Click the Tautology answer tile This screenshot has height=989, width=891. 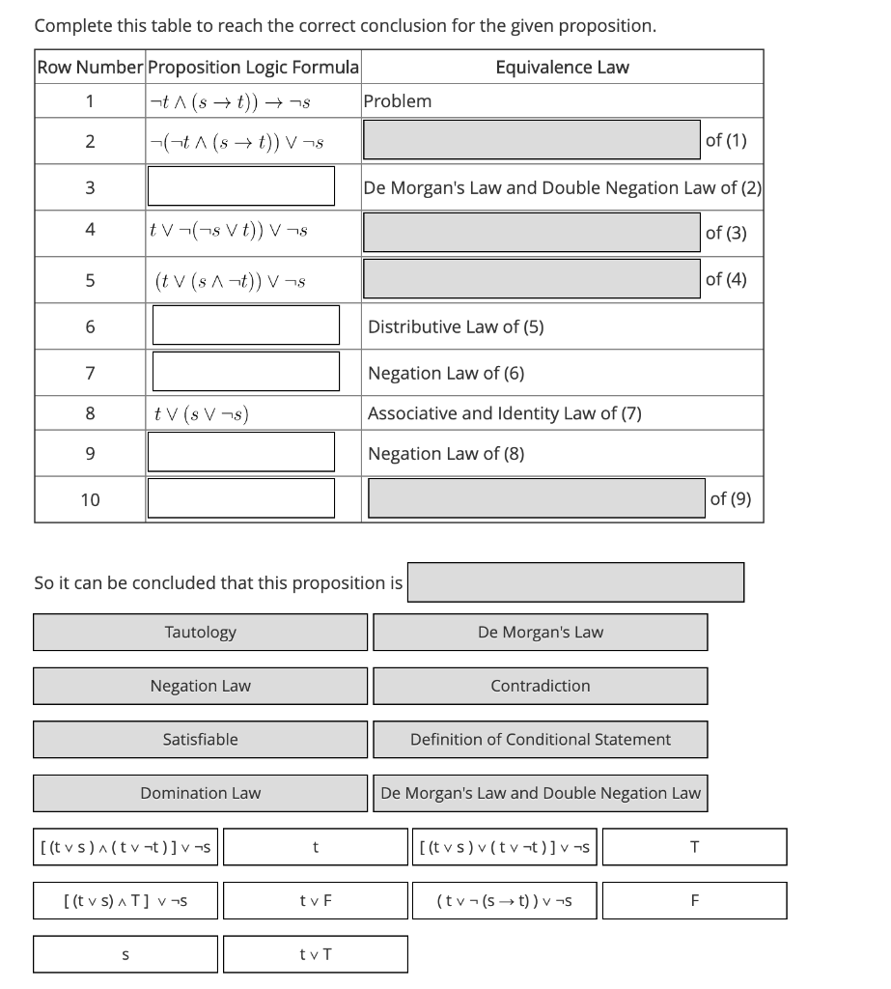pyautogui.click(x=200, y=632)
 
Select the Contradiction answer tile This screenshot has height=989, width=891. pyautogui.click(x=540, y=686)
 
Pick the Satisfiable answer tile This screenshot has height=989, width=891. pyautogui.click(x=200, y=739)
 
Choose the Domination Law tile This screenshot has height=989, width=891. pyautogui.click(x=200, y=793)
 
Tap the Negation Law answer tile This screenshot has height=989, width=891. pyautogui.click(x=200, y=686)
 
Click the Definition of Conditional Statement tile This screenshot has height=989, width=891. pyautogui.click(x=540, y=739)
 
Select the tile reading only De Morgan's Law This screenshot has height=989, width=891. pyautogui.click(x=540, y=632)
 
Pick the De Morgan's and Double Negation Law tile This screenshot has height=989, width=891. pyautogui.click(x=540, y=793)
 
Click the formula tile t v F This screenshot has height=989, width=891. pyautogui.click(x=315, y=900)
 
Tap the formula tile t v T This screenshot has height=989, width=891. pyautogui.click(x=315, y=954)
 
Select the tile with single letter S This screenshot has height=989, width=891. pyautogui.click(x=125, y=954)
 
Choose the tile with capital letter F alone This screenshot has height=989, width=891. pyautogui.click(x=693, y=900)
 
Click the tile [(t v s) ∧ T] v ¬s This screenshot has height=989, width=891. pyautogui.click(x=125, y=900)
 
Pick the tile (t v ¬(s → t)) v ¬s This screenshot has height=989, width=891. pyautogui.click(x=504, y=900)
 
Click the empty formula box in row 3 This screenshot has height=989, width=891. pyautogui.click(x=240, y=185)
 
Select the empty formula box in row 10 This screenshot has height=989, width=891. pyautogui.click(x=240, y=497)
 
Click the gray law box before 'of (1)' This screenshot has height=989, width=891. pyautogui.click(x=531, y=139)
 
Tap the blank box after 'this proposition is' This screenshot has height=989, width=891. pyautogui.click(x=574, y=582)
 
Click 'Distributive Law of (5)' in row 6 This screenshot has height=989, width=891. pyautogui.click(x=456, y=326)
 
